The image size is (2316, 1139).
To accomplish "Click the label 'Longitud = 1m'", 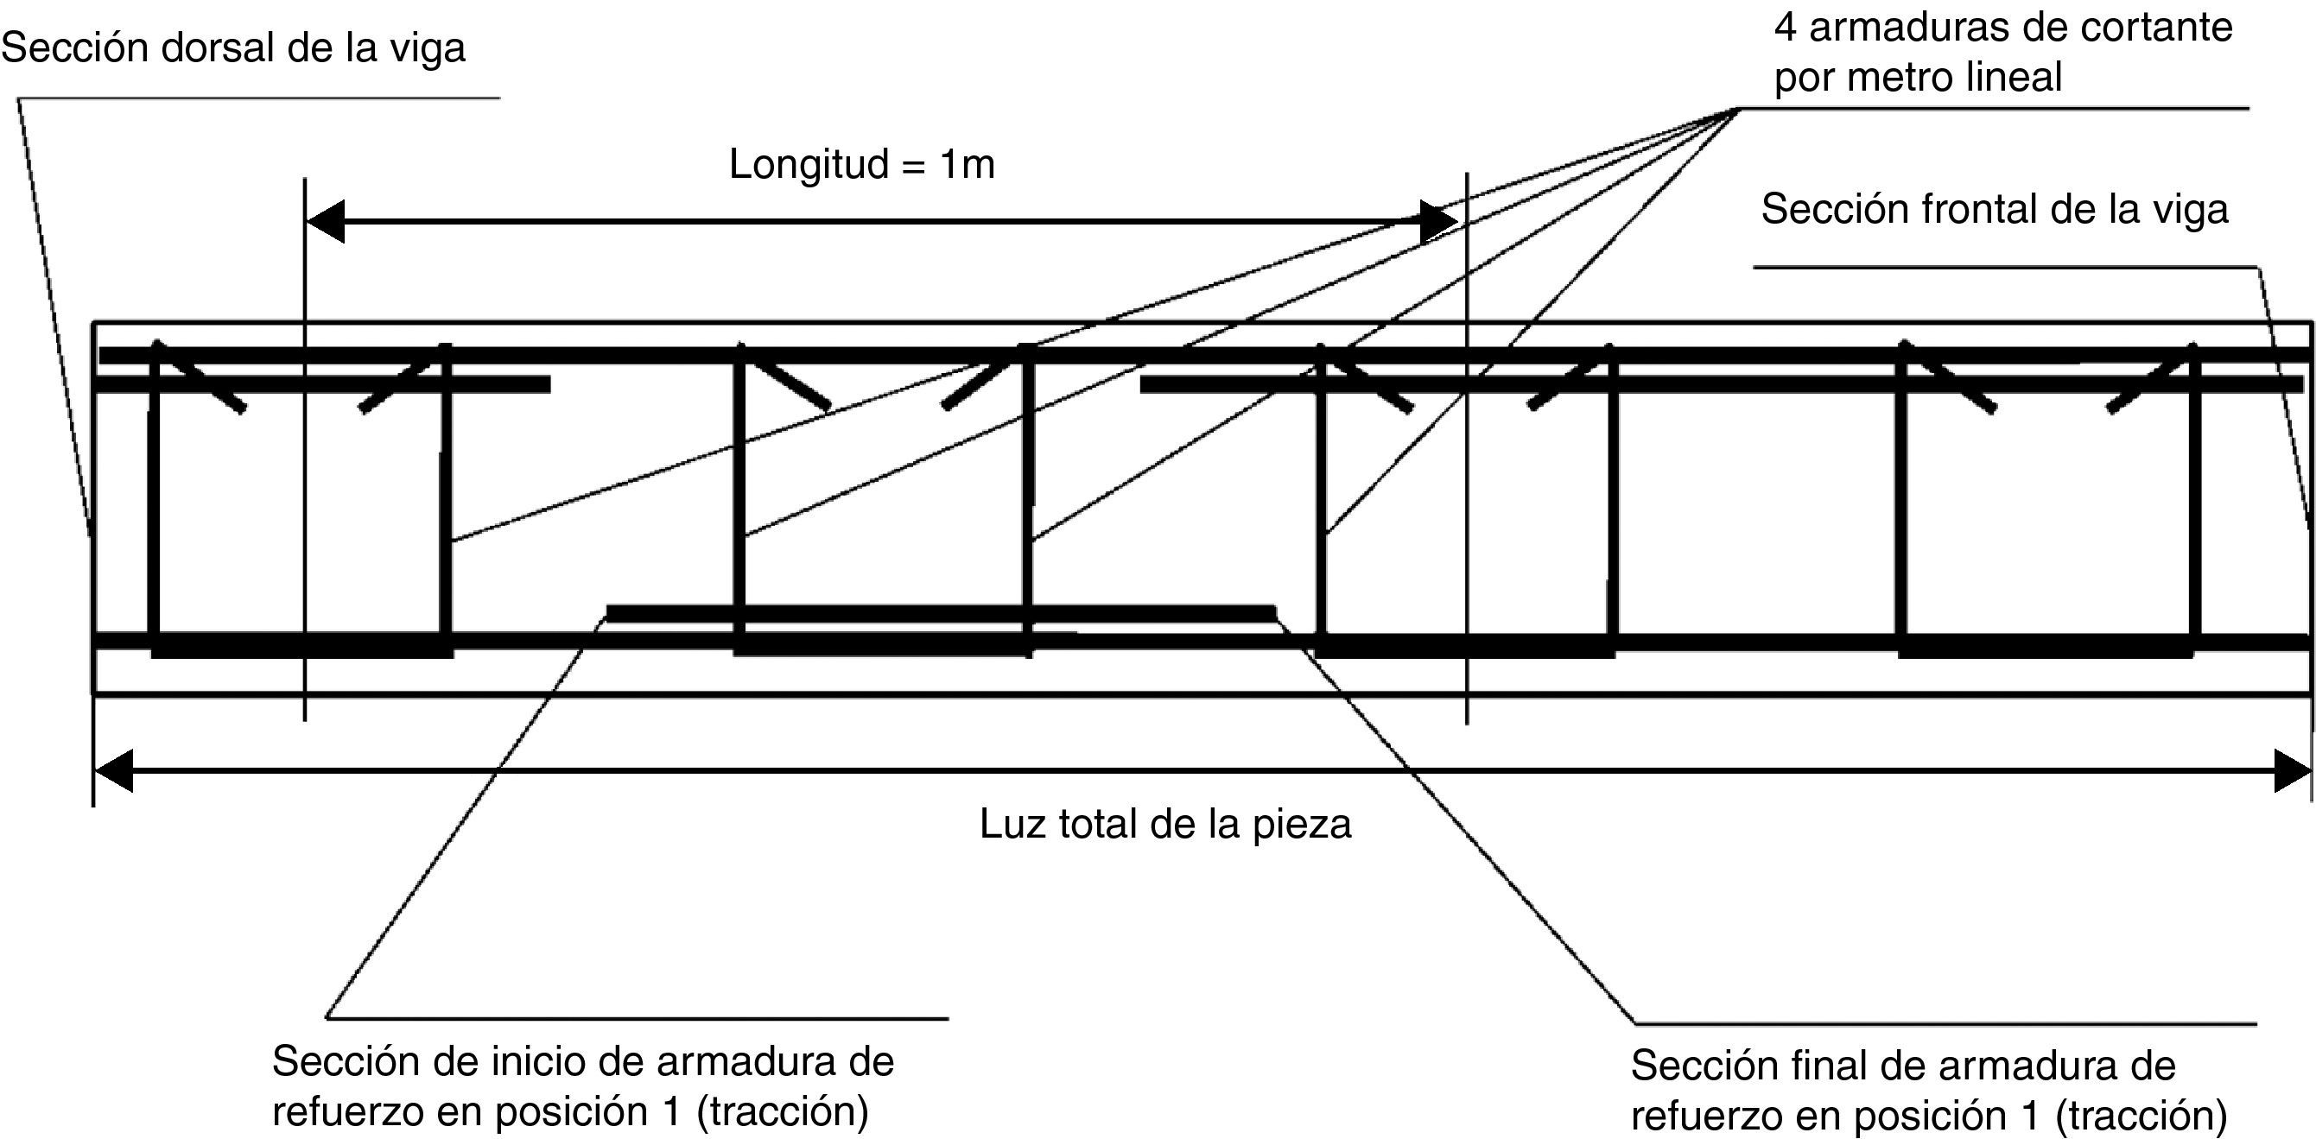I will coord(861,165).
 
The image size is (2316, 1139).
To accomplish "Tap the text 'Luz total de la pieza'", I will coord(1165,825).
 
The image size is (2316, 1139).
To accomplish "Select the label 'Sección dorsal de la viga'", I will coord(233,47).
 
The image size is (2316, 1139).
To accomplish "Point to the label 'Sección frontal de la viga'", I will coord(1994,210).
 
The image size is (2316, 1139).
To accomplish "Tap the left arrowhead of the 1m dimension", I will coord(325,221).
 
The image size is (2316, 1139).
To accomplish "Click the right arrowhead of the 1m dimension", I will coord(1438,221).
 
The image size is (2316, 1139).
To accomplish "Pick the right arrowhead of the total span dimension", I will coord(2292,770).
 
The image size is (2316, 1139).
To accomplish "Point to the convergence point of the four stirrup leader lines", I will coord(1739,109).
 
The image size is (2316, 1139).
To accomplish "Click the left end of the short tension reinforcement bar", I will coord(610,613).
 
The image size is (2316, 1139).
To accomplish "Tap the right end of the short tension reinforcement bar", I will coord(1273,613).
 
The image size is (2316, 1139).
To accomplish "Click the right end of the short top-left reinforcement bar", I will coord(548,385).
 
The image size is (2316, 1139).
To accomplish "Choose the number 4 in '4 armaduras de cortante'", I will coord(1786,28).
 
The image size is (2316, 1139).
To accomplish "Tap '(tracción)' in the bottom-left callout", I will coord(782,1112).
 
